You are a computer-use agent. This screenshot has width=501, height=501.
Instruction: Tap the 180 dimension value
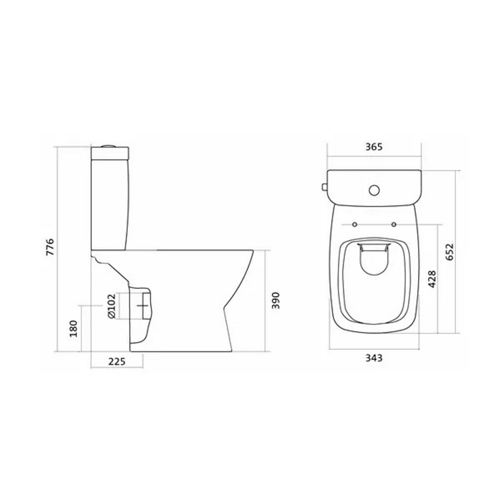74,328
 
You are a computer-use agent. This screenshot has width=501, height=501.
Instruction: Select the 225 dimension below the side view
116,361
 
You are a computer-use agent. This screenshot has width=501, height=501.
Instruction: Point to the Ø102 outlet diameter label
111,306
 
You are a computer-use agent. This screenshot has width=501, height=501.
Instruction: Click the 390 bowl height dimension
275,301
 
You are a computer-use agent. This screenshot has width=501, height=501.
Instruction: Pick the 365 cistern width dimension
374,147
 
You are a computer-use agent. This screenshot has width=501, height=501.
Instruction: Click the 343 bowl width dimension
374,358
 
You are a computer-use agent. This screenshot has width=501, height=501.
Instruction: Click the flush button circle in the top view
374,190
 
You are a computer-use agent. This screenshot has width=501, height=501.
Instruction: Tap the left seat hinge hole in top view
355,223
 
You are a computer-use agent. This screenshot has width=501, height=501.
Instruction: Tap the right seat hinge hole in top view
394,223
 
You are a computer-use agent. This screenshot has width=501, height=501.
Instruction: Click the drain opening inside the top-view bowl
374,261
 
